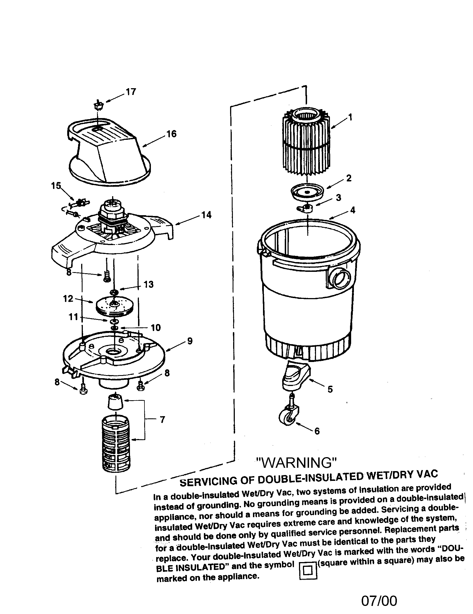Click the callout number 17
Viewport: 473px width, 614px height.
131,92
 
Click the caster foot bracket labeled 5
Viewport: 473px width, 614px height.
295,377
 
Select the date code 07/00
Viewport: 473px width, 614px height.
379,601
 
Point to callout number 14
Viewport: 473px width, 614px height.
206,215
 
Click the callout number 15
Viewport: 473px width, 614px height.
55,186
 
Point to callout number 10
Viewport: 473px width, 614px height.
155,328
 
